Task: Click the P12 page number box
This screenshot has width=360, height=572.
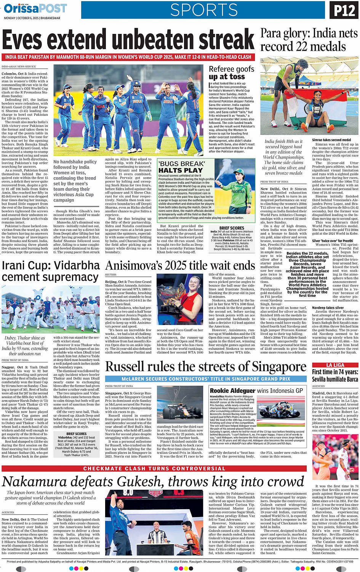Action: pos(344,10)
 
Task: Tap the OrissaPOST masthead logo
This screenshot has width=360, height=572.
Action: pos(35,8)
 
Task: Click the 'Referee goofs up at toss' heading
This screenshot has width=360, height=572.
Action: pos(231,72)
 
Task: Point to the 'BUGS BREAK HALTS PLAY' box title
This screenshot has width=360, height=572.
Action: pos(182,167)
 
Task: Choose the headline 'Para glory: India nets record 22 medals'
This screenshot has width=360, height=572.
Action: pos(309,40)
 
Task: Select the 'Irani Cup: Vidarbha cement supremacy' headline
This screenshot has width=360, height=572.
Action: pos(51,271)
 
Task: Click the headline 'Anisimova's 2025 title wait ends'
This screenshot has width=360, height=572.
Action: pos(180,266)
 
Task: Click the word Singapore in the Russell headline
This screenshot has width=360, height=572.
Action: pos(276,367)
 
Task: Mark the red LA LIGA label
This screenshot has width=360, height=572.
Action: pos(335,365)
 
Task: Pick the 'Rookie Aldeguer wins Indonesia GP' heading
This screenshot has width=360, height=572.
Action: pos(256,391)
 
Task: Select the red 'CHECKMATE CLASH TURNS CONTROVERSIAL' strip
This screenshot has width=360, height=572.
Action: pos(154,468)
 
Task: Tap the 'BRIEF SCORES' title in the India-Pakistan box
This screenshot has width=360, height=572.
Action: pos(232,228)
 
